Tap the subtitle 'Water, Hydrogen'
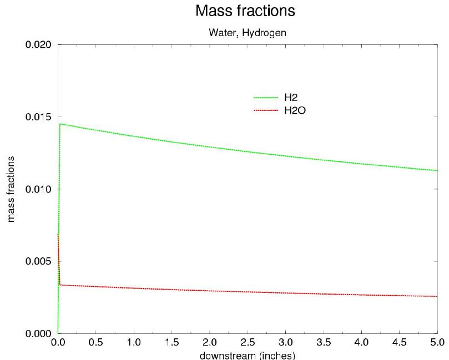248,33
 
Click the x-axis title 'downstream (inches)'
248,355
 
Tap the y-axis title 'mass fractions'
11,189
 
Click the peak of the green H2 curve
60,124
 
